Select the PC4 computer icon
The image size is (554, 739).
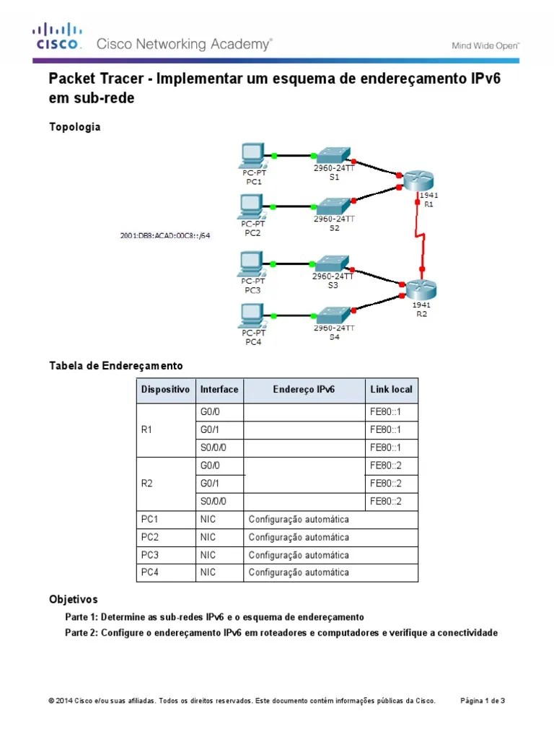pos(253,314)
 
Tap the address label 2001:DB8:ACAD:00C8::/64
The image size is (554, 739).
pos(165,235)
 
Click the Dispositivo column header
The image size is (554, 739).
pos(165,389)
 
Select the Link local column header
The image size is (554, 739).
pos(391,389)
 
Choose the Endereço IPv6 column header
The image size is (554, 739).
pos(304,389)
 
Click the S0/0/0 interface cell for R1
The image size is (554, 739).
pos(213,447)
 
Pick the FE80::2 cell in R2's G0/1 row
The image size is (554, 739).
pos(384,483)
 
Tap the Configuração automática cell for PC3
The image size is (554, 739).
pos(299,555)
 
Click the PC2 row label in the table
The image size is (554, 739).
pos(150,537)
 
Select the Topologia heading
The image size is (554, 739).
pos(74,127)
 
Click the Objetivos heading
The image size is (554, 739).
pos(73,600)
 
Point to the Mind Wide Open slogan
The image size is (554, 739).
pos(485,45)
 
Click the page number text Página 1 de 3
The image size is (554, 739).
pos(483,700)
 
